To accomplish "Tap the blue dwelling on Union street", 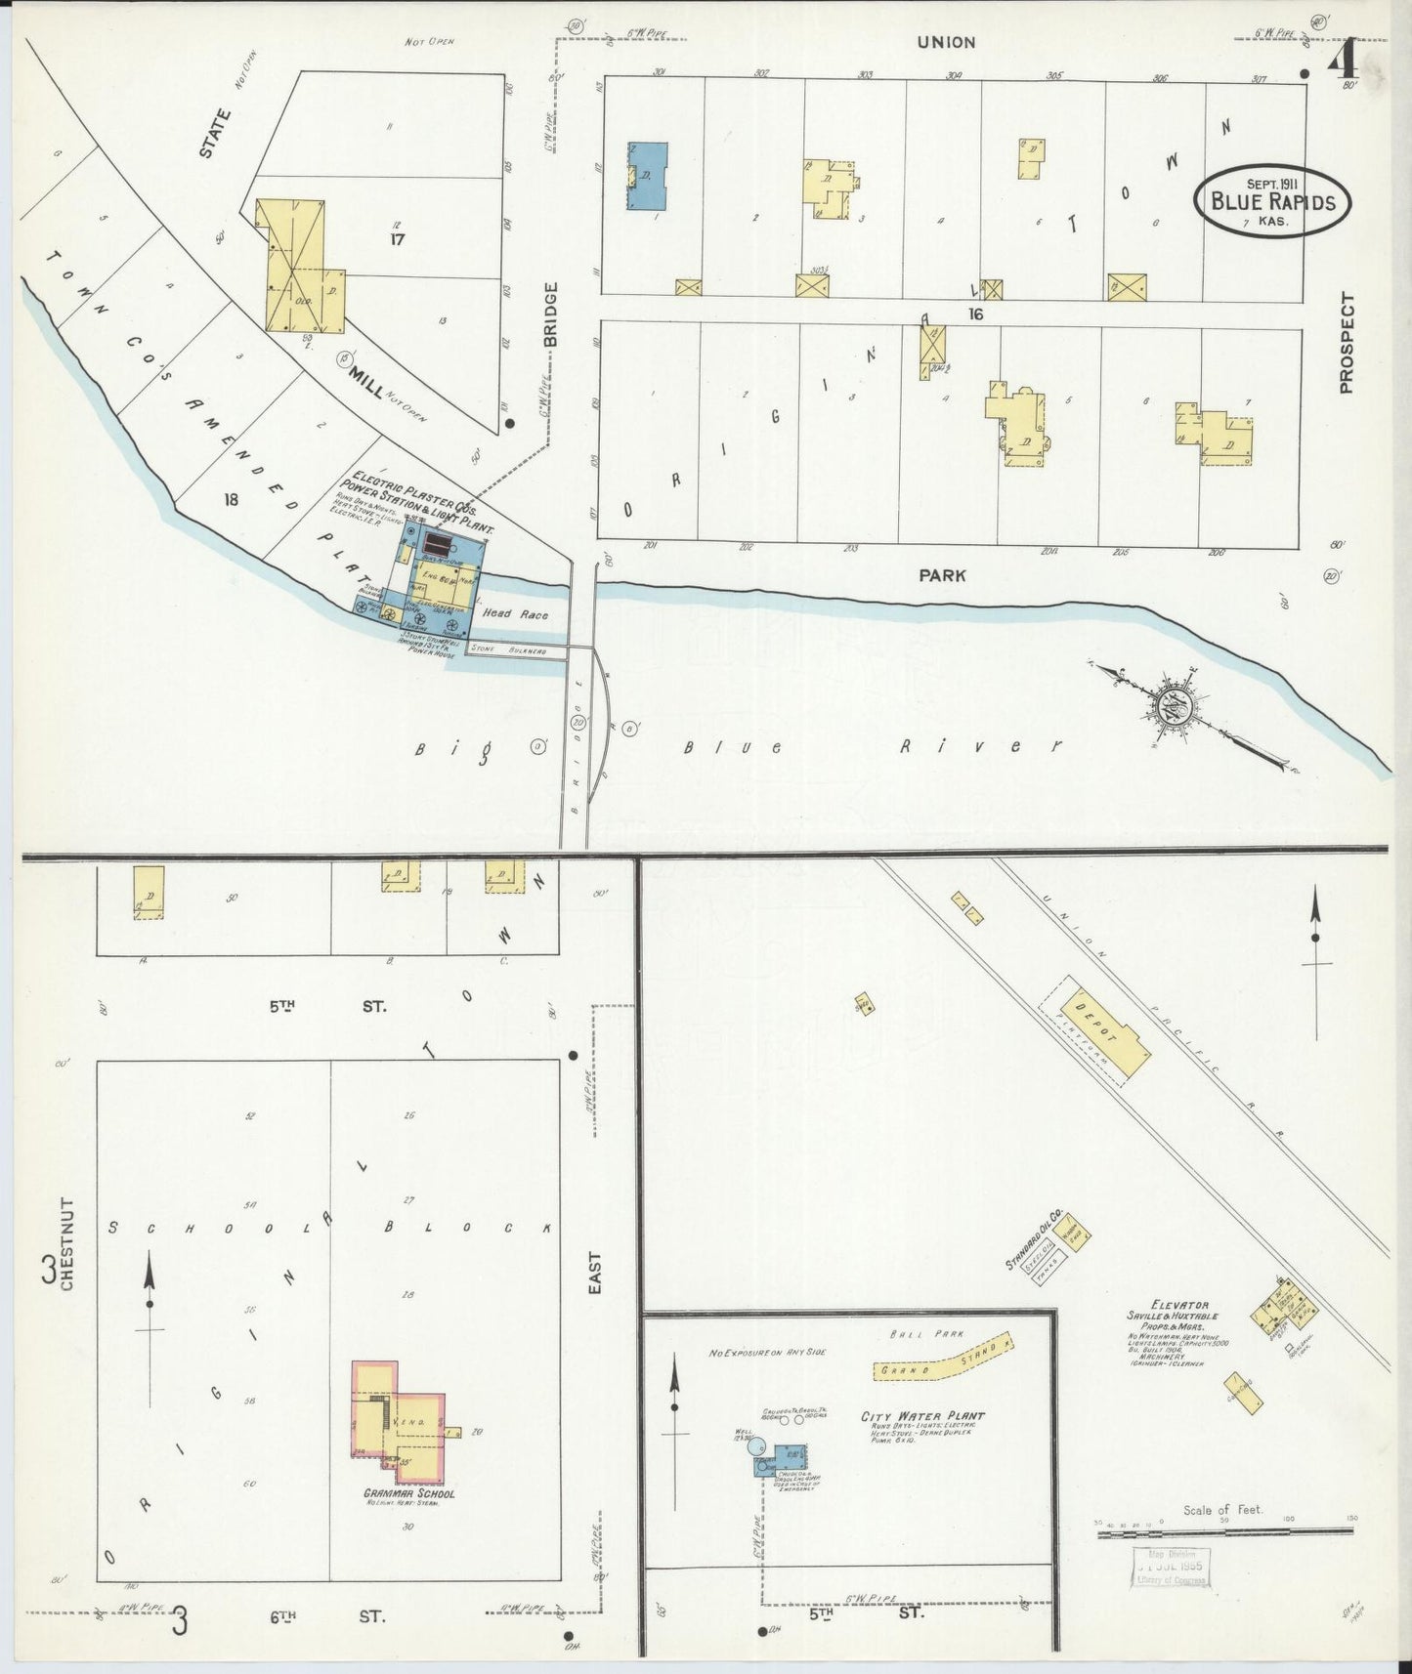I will click(x=648, y=176).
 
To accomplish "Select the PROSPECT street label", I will click(x=1348, y=343).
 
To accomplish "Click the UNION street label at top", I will click(x=945, y=42).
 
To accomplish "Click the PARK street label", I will click(x=942, y=576).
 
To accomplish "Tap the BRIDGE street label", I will click(x=550, y=315).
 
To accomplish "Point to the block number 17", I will click(x=397, y=237).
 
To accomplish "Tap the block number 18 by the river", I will click(x=231, y=500).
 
